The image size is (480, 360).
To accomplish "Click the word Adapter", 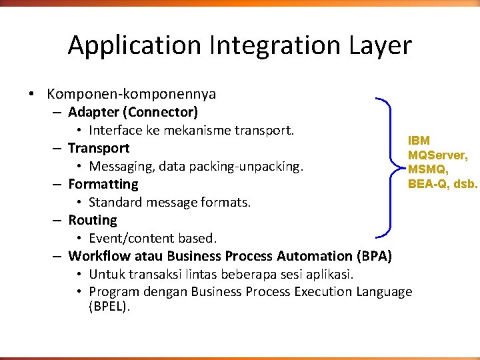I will click(x=95, y=112).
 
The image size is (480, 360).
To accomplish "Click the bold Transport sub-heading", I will click(x=99, y=148).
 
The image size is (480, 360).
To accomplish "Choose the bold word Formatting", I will click(x=103, y=184).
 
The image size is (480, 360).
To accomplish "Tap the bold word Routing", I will click(x=93, y=220).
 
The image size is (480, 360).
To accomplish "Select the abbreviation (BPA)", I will click(x=374, y=256).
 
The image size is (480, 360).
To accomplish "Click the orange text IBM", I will click(x=419, y=141).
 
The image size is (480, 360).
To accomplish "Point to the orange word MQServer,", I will click(x=437, y=155).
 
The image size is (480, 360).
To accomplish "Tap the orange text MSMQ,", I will click(x=427, y=169).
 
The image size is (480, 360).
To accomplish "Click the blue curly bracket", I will click(x=390, y=167).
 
